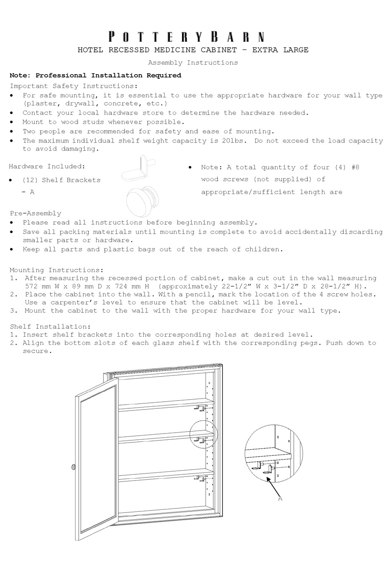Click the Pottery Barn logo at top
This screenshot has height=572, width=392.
point(186,37)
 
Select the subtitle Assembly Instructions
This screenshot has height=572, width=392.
point(193,63)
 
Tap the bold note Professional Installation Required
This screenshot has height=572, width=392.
point(108,75)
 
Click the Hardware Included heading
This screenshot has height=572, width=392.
point(47,166)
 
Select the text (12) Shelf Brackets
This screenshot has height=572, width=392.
point(61,180)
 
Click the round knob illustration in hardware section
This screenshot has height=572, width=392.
point(142,198)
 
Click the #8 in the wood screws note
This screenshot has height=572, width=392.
point(354,167)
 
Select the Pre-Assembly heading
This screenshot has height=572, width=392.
point(35,213)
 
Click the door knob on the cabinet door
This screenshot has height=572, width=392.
point(73,467)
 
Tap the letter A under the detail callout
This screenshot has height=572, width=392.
point(280,499)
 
